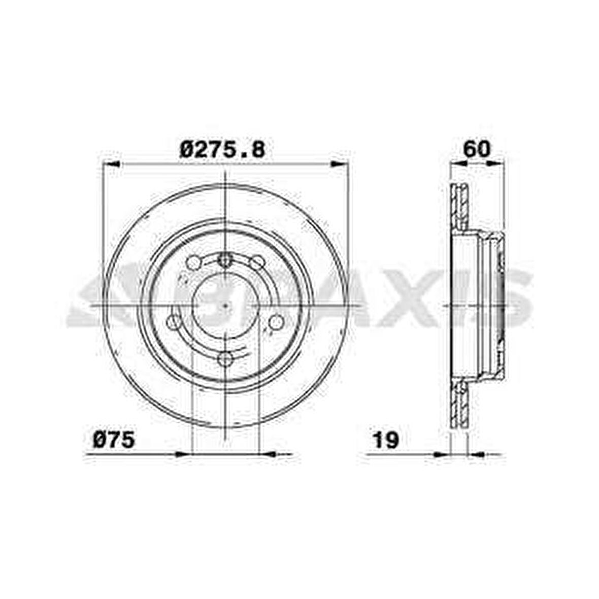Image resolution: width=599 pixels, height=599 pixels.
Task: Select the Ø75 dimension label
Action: point(114,439)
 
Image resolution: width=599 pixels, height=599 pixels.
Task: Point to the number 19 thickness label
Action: point(386,440)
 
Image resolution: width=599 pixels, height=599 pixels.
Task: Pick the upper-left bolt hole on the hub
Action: point(193,263)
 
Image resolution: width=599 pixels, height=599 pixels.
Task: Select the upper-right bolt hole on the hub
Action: point(258,263)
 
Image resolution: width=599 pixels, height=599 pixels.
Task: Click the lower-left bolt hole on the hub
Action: point(174,322)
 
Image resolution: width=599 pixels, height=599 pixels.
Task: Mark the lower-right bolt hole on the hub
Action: point(276,322)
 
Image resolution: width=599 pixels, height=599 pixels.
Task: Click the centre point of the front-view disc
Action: point(226,306)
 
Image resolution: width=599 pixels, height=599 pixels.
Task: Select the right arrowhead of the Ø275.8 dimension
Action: point(340,164)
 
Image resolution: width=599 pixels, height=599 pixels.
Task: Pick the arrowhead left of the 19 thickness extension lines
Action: point(442,453)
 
